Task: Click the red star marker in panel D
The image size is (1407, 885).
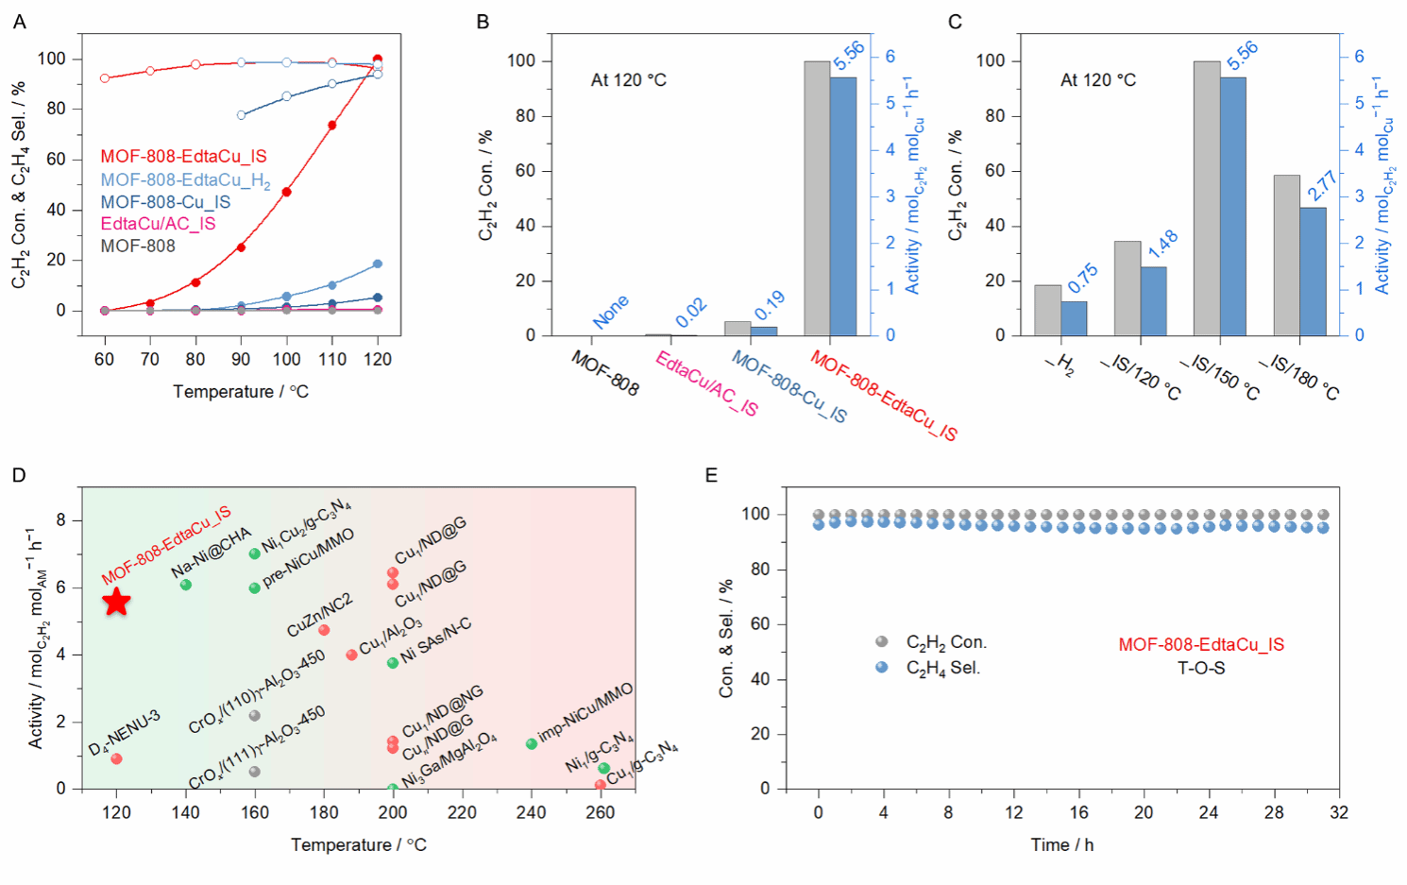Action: tap(116, 602)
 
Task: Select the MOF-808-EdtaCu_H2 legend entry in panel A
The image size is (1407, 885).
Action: tap(185, 180)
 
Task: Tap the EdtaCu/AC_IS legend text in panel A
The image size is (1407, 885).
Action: tap(158, 224)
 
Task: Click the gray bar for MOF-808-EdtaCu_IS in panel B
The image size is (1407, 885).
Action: tap(817, 198)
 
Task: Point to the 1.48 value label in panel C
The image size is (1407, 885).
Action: tap(1163, 244)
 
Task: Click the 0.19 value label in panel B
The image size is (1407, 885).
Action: tap(770, 305)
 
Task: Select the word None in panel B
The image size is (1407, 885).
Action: tap(611, 312)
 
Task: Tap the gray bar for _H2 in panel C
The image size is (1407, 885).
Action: tap(1047, 310)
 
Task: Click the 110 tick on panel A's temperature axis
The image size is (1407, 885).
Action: tap(332, 359)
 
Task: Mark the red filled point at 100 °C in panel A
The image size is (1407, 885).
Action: tap(286, 192)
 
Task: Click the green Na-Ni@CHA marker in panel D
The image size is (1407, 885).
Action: tap(186, 585)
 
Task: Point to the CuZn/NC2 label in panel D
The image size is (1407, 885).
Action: tap(319, 615)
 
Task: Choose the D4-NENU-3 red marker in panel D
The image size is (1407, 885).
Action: tap(116, 758)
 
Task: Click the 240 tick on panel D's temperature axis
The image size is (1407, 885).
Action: tap(531, 812)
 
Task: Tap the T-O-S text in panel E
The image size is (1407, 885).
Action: tap(1201, 669)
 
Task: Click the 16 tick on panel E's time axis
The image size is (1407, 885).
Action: tap(1078, 812)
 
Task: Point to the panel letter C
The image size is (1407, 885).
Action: tap(955, 22)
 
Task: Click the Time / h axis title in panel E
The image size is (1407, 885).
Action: tap(1061, 845)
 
